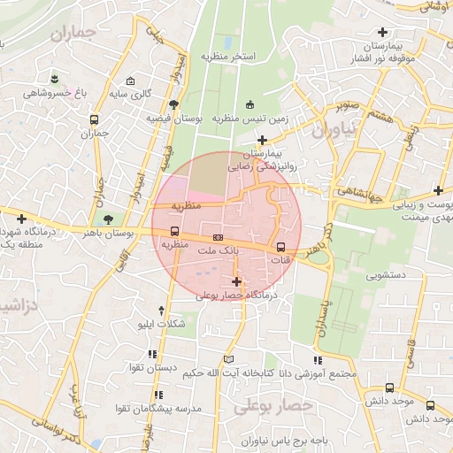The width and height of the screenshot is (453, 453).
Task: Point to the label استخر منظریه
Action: [227, 57]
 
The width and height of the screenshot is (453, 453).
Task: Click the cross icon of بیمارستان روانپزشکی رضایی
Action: [262, 140]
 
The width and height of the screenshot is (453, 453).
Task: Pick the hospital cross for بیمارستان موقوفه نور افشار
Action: [382, 33]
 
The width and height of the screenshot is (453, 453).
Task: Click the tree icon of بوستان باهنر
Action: [108, 218]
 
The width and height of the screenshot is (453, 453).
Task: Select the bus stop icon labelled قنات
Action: [281, 247]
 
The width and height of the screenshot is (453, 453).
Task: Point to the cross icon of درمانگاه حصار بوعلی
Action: [236, 281]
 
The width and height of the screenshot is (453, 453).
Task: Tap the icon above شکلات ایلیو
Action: [160, 310]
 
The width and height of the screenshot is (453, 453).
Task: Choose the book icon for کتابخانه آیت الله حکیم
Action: [230, 359]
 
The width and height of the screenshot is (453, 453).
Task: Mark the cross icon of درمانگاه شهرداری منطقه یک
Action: [22, 219]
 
